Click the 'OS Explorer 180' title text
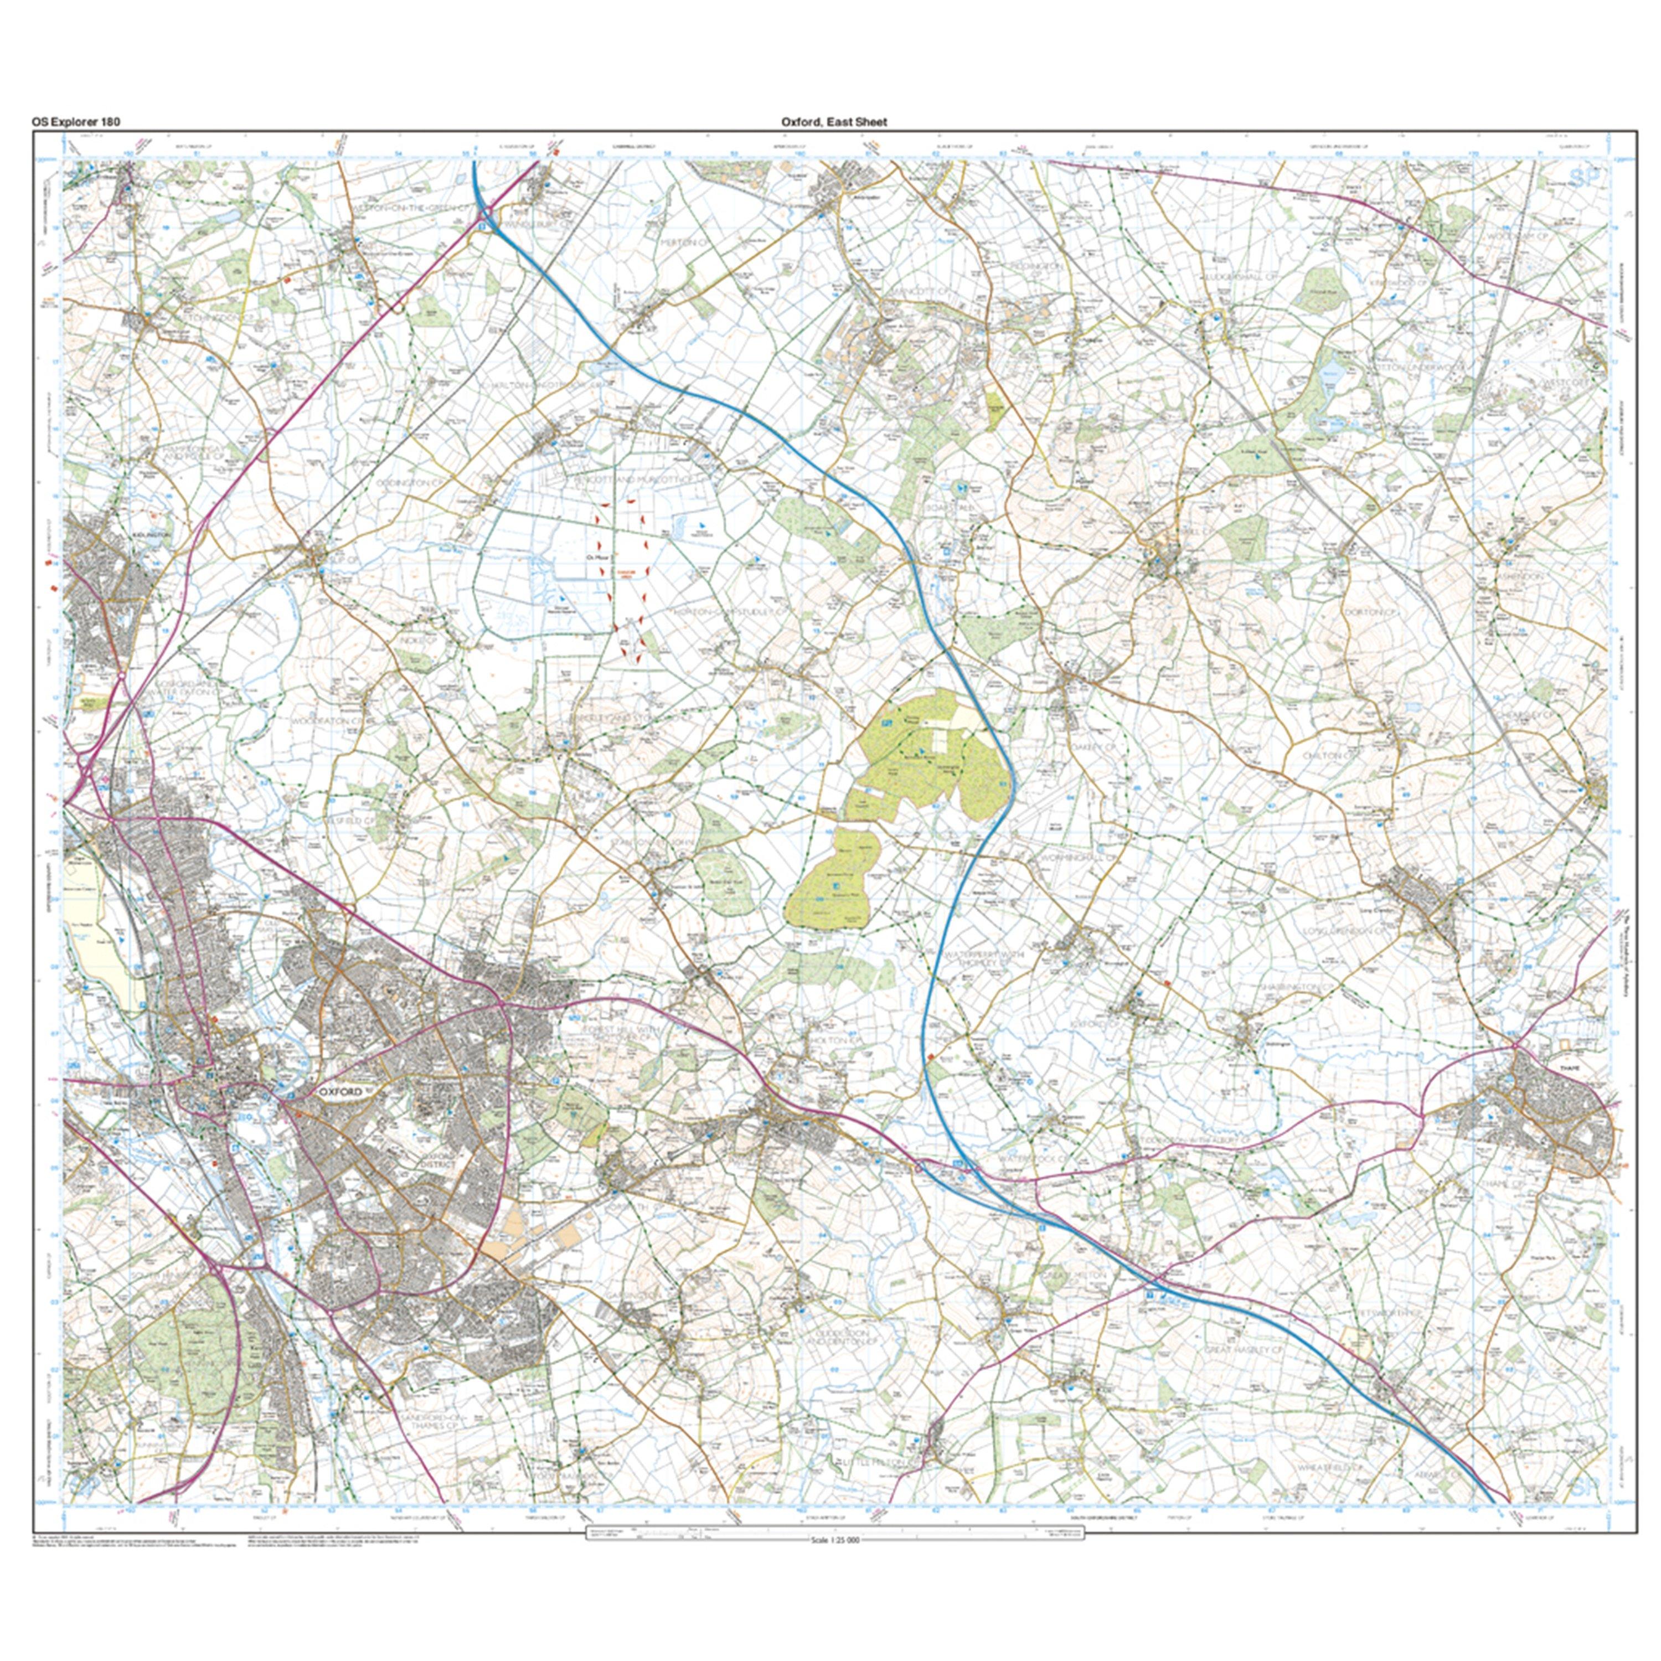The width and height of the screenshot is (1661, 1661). click(76, 121)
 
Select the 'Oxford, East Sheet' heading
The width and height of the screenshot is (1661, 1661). click(833, 121)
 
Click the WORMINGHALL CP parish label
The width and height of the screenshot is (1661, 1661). click(1079, 857)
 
